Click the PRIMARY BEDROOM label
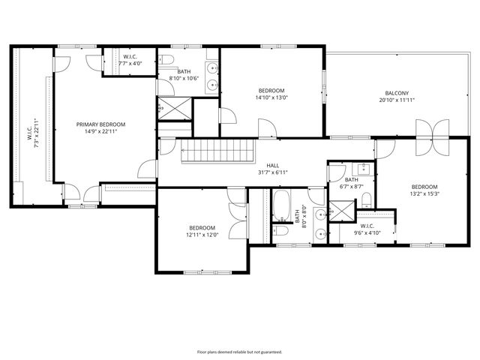click(x=100, y=124)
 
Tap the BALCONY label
click(x=397, y=93)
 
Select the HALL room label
click(x=272, y=165)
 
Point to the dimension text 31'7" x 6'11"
click(x=272, y=172)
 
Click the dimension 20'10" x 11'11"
click(x=397, y=100)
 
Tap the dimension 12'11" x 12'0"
click(x=202, y=235)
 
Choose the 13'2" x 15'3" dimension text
click(x=424, y=193)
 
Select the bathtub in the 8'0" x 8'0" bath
click(x=281, y=207)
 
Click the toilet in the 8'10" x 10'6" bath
click(x=168, y=60)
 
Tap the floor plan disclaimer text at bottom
click(x=239, y=352)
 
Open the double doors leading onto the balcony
click(x=433, y=129)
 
